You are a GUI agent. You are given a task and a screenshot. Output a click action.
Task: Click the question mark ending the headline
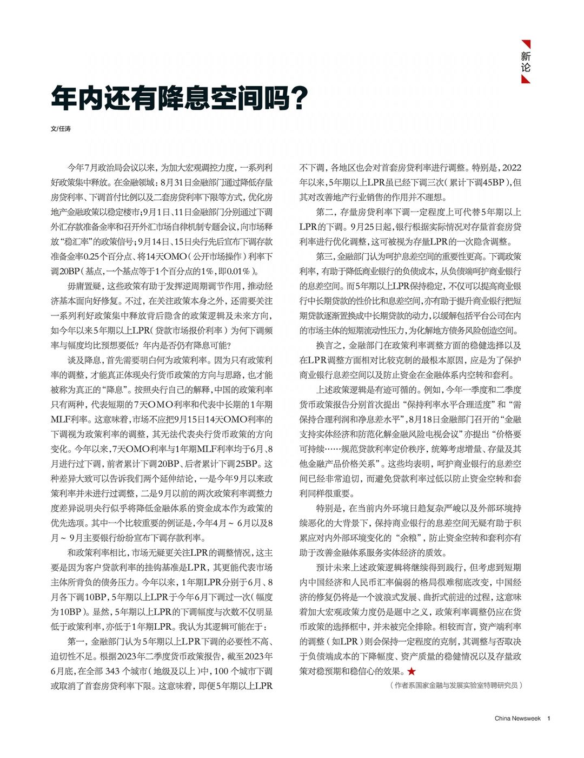(298, 97)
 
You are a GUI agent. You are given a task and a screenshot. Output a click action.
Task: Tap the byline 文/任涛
(60, 129)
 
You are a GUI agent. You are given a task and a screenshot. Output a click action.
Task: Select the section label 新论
(526, 62)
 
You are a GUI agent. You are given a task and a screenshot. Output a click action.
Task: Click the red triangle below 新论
(526, 80)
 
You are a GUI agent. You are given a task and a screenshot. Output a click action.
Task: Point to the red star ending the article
(412, 671)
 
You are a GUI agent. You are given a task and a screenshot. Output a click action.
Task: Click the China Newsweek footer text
(517, 719)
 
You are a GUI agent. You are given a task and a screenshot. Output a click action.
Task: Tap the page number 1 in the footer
(549, 719)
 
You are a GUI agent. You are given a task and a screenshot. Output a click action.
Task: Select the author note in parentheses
(455, 686)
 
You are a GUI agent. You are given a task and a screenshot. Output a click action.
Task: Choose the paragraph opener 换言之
(329, 346)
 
